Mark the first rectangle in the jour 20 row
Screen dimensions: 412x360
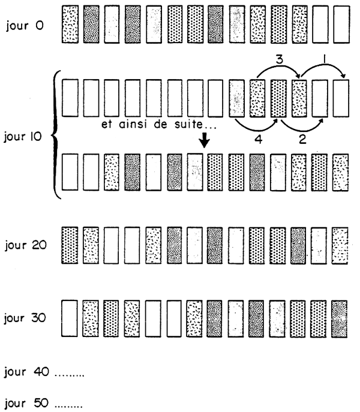[70, 246]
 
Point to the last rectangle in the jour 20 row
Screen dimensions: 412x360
[341, 246]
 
